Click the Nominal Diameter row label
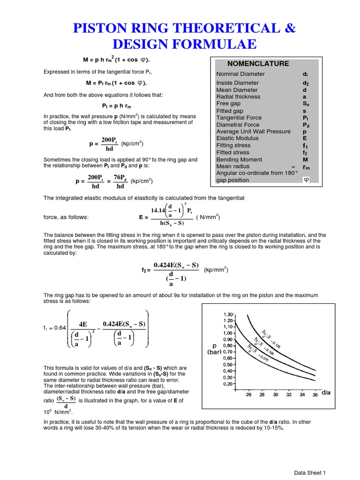[240, 74]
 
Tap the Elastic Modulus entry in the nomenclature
[237, 138]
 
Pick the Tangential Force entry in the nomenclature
[239, 118]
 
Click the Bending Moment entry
[239, 159]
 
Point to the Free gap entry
[228, 103]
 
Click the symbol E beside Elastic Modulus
[305, 138]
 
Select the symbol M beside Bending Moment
[305, 159]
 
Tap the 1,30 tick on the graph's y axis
[227, 314]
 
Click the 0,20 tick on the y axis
[227, 383]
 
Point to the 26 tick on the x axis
[249, 395]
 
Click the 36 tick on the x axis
[315, 395]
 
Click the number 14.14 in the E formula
[160, 210]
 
